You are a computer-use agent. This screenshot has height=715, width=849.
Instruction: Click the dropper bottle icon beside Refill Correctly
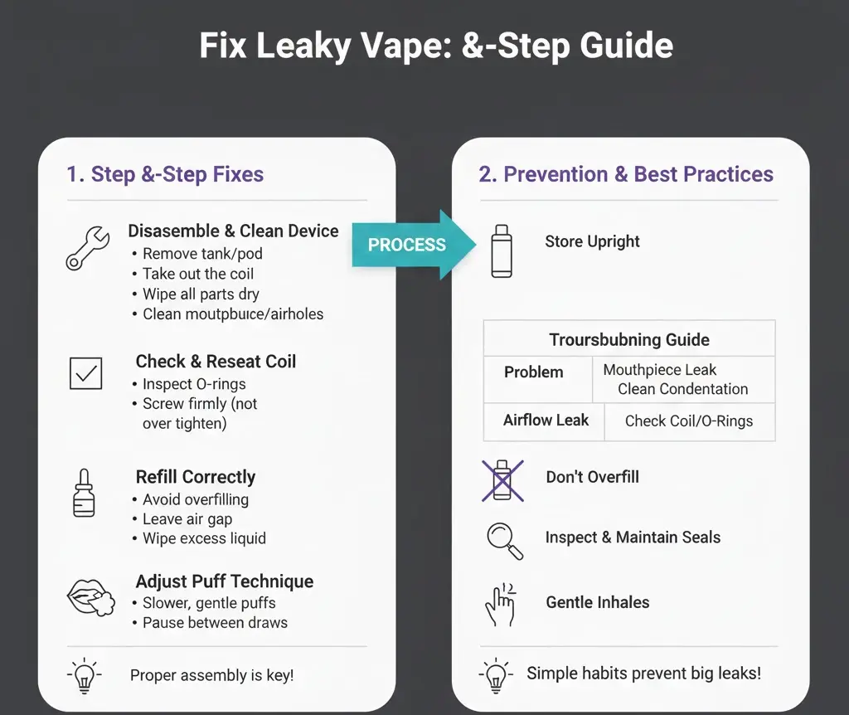(x=84, y=493)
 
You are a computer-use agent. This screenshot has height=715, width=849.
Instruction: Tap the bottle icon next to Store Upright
(x=501, y=250)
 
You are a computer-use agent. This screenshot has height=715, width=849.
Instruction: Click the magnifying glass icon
(x=504, y=539)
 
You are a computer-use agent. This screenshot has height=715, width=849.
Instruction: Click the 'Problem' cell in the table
(x=533, y=372)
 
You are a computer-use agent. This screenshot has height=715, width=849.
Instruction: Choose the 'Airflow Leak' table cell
(x=546, y=421)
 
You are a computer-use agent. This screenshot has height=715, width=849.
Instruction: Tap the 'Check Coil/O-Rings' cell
(x=689, y=421)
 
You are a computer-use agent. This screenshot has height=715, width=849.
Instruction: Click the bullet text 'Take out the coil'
(x=198, y=274)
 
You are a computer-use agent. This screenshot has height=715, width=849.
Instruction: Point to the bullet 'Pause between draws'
(x=215, y=622)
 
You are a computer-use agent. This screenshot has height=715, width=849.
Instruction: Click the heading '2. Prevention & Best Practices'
(x=626, y=174)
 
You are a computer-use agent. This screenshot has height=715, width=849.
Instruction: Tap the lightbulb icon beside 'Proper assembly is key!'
(x=85, y=675)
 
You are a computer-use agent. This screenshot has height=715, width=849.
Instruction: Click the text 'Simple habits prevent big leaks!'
(x=643, y=673)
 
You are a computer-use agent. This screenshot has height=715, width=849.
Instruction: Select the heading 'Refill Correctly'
(x=196, y=477)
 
